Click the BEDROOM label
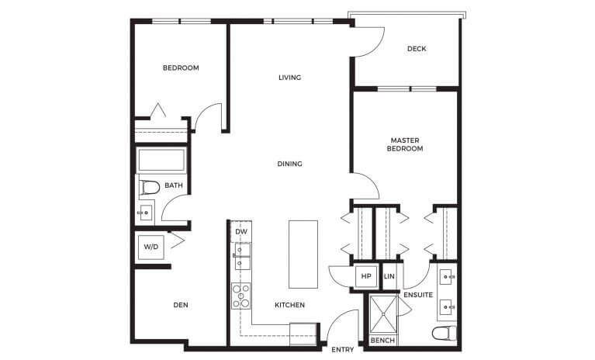tap(181, 68)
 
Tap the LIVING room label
tap(289, 78)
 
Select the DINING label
tap(289, 164)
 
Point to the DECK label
tap(417, 50)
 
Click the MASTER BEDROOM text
tap(406, 144)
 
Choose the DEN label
tap(181, 305)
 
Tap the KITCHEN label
tap(289, 305)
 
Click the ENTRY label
tap(342, 350)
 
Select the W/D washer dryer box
tap(150, 247)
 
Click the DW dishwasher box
tap(240, 231)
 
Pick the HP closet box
tap(365, 277)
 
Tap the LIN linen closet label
tap(389, 277)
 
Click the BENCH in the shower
tap(382, 341)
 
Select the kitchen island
tap(303, 254)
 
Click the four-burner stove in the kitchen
tap(241, 296)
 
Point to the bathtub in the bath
tap(161, 161)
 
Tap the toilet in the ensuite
tap(445, 334)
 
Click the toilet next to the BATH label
tap(149, 187)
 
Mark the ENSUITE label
tap(417, 295)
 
